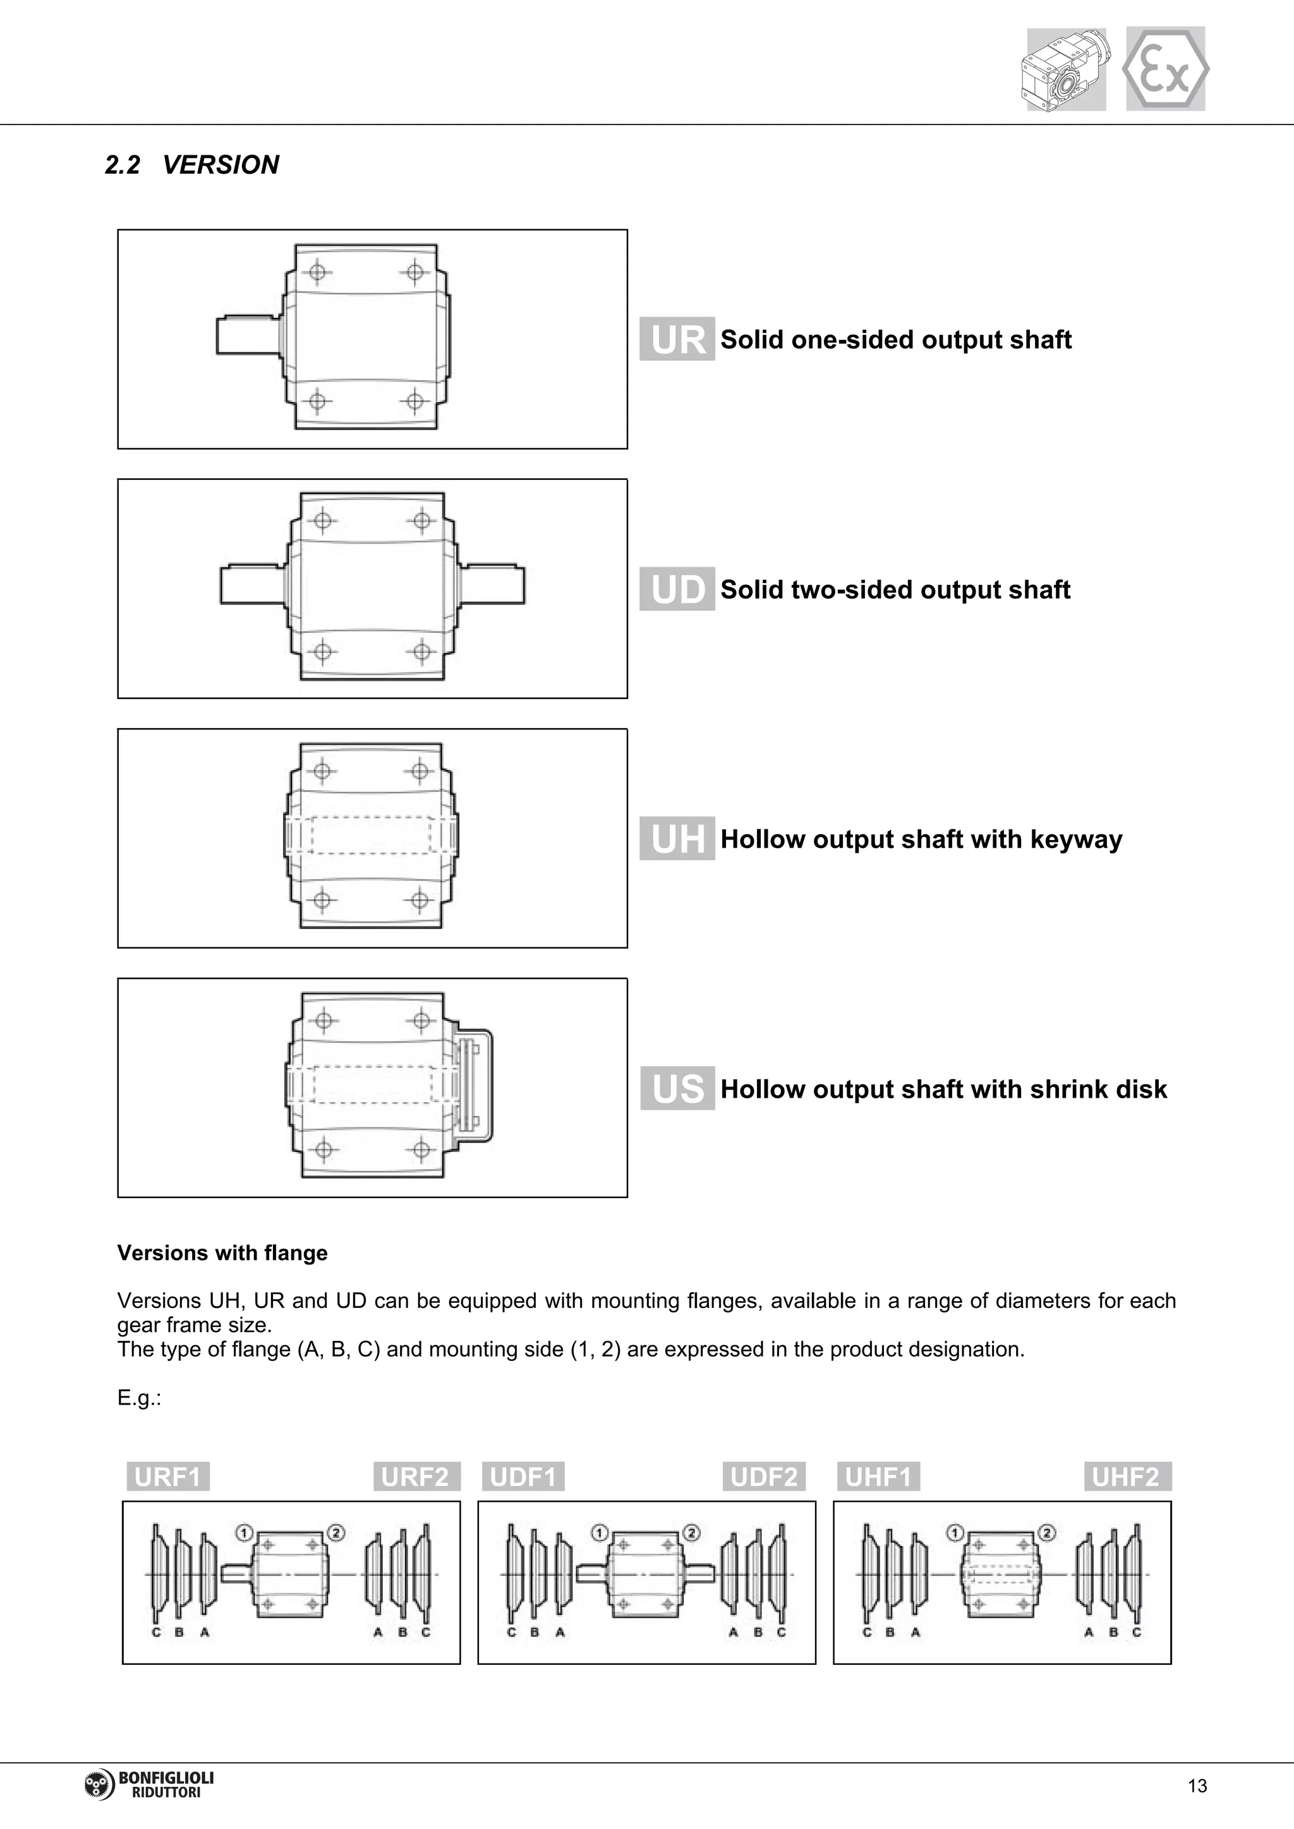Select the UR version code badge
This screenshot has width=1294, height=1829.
pyautogui.click(x=677, y=339)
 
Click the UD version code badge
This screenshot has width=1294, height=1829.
pyautogui.click(x=677, y=589)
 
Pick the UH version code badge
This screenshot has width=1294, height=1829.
pyautogui.click(x=677, y=839)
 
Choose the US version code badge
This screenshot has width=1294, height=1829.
pyautogui.click(x=677, y=1088)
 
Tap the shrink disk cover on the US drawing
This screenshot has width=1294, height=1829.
pyautogui.click(x=473, y=1086)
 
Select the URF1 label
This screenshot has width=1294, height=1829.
pyautogui.click(x=167, y=1477)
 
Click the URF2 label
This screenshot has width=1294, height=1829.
pyautogui.click(x=414, y=1477)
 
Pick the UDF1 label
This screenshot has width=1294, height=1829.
pyautogui.click(x=523, y=1477)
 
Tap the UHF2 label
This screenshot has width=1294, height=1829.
pyautogui.click(x=1126, y=1477)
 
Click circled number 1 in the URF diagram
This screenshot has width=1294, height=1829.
pyautogui.click(x=244, y=1533)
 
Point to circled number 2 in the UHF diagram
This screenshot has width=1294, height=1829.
pyautogui.click(x=1047, y=1533)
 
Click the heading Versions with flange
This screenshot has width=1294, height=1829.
pyautogui.click(x=222, y=1253)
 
